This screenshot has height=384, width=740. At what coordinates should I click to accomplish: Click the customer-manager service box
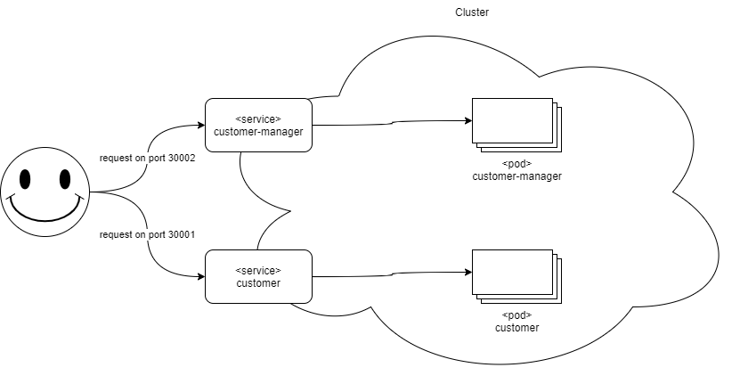point(258,125)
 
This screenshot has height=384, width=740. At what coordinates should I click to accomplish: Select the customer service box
point(258,276)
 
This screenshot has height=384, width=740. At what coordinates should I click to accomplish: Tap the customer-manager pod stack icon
point(515,123)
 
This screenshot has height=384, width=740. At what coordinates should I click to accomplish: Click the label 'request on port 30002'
point(147,158)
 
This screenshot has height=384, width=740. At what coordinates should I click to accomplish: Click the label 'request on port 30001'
point(147,234)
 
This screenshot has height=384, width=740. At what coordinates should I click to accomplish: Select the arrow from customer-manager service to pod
point(392,123)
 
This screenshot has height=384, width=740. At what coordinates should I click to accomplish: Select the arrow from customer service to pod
point(392,274)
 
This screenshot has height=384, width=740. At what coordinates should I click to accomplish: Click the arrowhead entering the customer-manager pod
point(467,120)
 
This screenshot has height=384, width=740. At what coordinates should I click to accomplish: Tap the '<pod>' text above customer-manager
point(516,164)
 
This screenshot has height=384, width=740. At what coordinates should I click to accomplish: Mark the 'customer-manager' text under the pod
point(516,176)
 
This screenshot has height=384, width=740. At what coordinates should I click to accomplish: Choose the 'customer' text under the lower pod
point(516,328)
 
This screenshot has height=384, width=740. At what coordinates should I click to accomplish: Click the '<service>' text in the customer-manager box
point(258,118)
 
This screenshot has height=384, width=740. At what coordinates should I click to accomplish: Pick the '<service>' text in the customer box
point(258,270)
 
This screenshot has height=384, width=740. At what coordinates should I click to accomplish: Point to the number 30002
point(181,158)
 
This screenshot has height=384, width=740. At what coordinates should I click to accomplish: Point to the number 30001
point(181,234)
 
